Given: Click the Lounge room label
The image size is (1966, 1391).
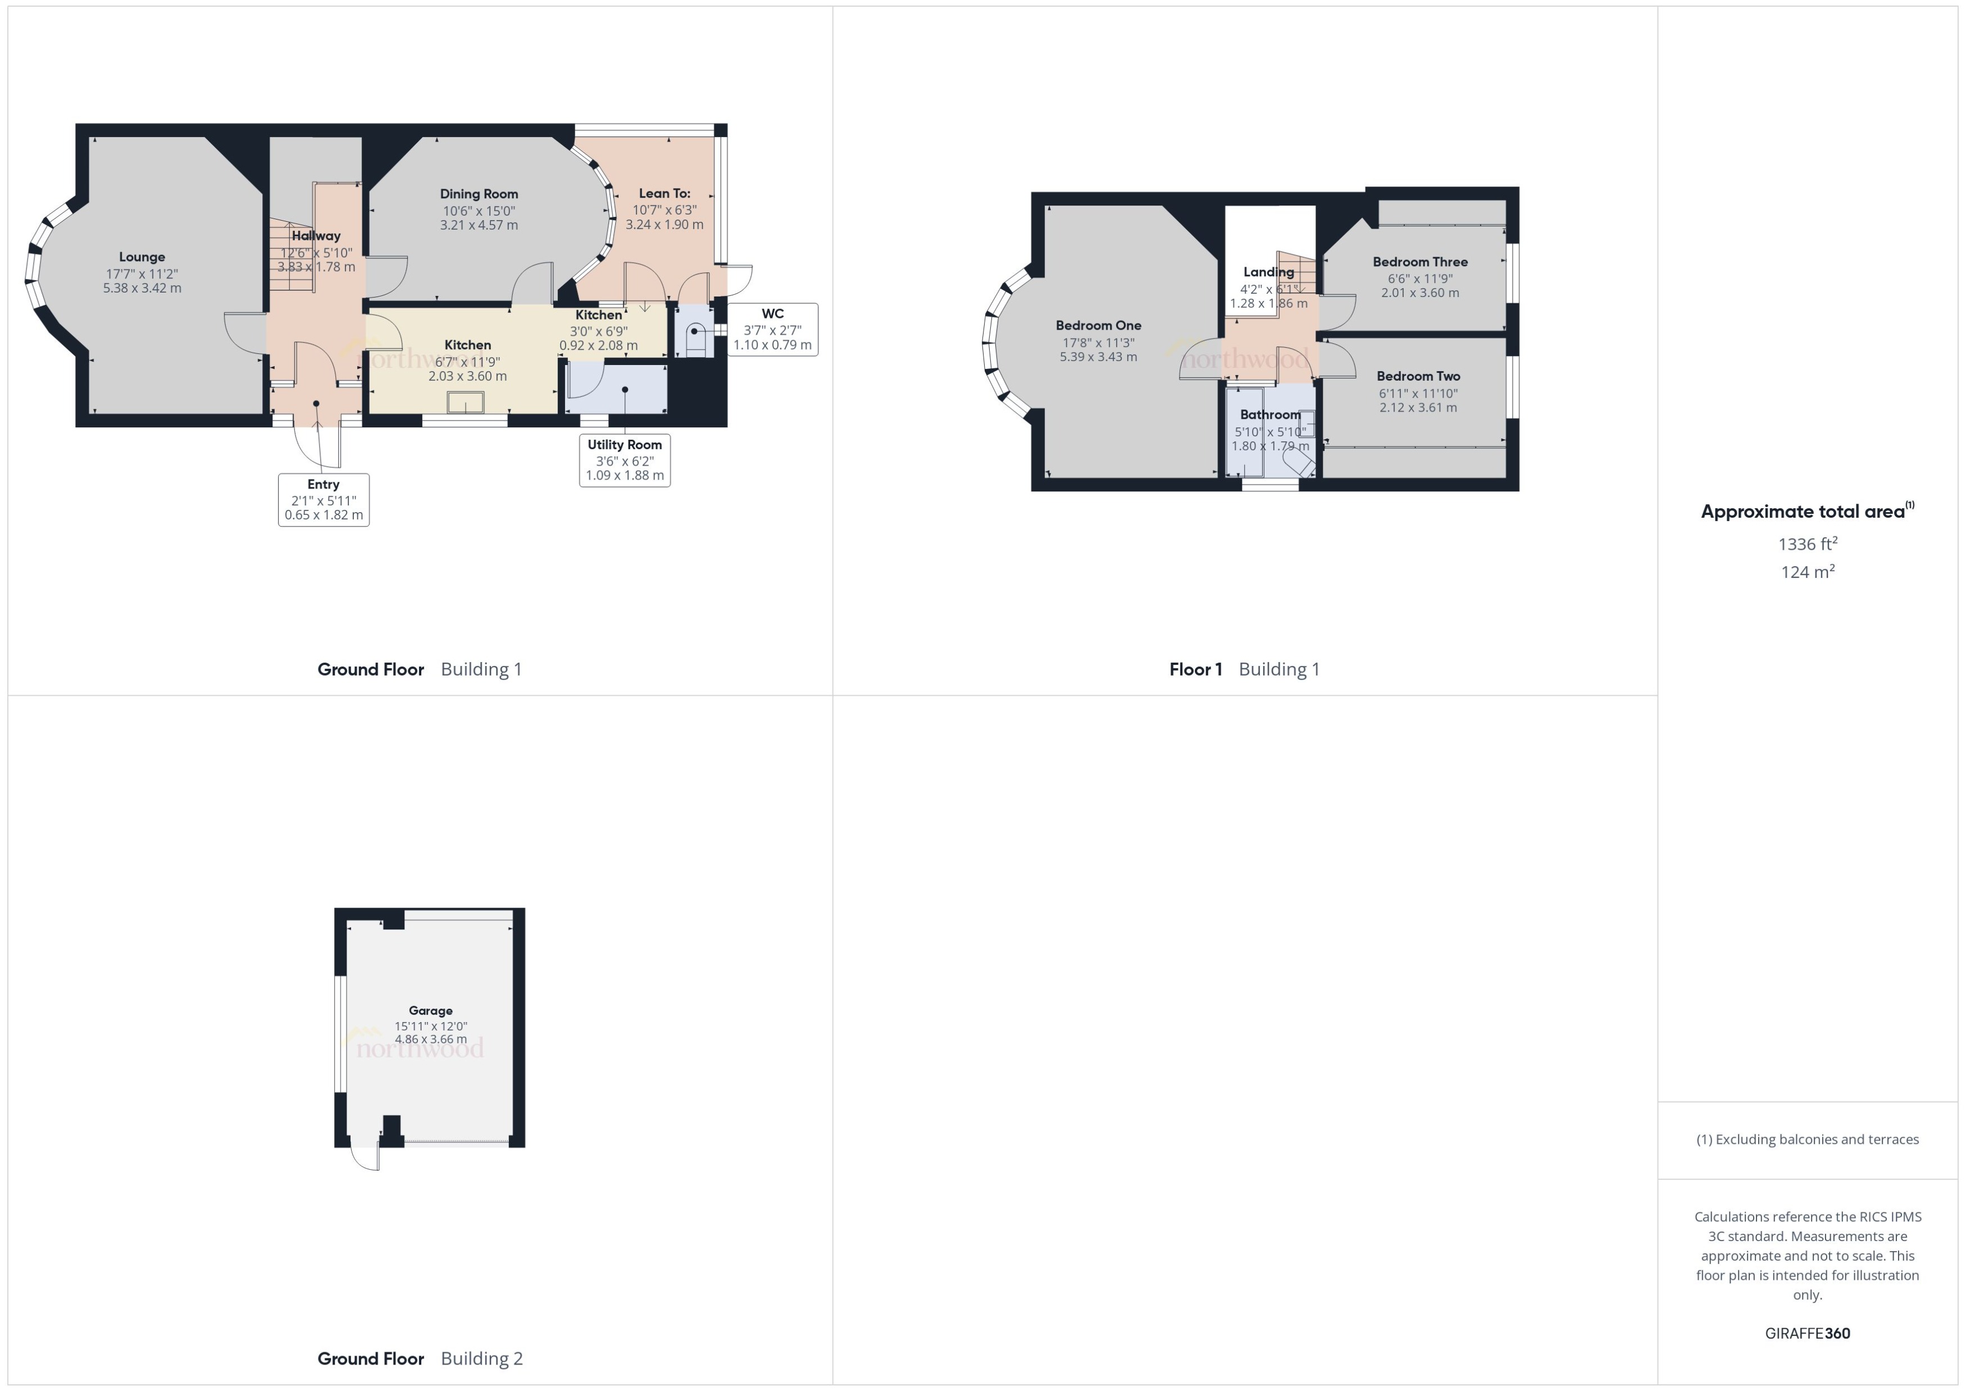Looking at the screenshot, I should [142, 257].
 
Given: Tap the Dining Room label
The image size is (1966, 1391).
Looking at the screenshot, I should [479, 194].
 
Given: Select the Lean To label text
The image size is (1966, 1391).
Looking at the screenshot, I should [664, 194].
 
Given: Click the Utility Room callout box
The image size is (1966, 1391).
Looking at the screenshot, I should [625, 460].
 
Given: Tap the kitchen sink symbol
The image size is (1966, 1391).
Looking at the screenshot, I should [465, 402].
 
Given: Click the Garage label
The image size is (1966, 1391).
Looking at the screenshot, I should [430, 1011].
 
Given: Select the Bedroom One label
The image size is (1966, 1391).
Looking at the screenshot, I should [1098, 326].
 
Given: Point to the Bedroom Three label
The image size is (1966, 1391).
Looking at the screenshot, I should [1419, 262].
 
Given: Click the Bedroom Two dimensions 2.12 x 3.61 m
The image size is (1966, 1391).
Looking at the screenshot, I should [1418, 408].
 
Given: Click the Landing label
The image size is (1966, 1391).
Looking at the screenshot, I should [1268, 272].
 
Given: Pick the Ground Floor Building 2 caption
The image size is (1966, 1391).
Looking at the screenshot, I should [420, 1358].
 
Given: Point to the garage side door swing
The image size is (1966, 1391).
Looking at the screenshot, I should [367, 1158].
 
